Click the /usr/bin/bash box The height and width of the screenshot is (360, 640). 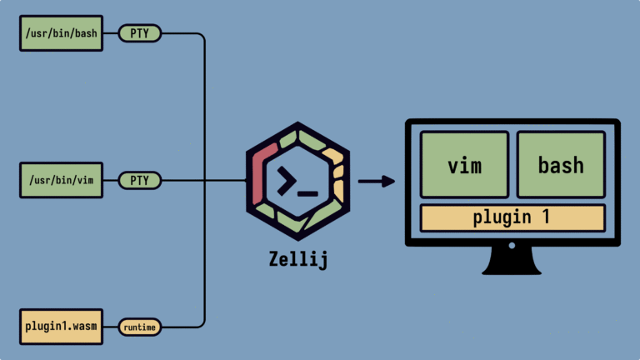pos(61,33)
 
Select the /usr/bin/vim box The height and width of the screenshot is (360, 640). pos(61,180)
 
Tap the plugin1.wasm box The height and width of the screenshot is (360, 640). pos(61,327)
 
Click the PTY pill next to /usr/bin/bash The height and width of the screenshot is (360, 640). pos(140,33)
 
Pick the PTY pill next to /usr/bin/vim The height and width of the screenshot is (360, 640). pos(140,180)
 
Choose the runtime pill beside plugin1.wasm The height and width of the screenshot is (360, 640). pos(140,327)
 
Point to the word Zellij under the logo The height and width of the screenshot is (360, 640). pos(298,260)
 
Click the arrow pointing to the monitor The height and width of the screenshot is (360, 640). pos(377,181)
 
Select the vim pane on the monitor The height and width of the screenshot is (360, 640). pos(464,164)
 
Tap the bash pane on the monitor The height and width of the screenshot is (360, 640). pos(561,164)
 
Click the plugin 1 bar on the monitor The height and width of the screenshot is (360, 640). pos(512,218)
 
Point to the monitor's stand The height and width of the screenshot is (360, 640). pos(512,261)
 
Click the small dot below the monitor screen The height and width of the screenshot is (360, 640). pos(512,245)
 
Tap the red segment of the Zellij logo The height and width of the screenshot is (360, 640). pos(262,172)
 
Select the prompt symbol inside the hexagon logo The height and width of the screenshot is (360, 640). pos(287,180)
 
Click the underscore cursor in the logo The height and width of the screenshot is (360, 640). pos(307,193)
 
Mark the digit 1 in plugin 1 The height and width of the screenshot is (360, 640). pos(546,217)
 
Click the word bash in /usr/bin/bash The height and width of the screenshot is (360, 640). pos(86,33)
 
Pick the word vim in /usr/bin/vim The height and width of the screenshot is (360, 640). pos(85,180)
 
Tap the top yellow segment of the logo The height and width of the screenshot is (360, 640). pos(333,156)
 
